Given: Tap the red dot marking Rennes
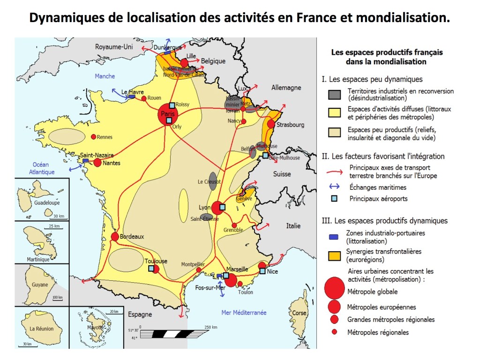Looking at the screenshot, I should tap(93, 137).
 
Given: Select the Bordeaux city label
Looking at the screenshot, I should tap(132, 237).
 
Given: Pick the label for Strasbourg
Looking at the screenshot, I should tap(290, 125).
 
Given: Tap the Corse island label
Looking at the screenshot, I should tap(300, 313).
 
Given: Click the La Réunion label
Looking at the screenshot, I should tap(42, 329).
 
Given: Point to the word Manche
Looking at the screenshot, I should tap(105, 76).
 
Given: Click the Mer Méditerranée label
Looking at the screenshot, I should tap(244, 313).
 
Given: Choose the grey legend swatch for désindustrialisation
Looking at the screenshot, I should tap(335, 94).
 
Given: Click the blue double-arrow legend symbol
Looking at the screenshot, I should tap(335, 187).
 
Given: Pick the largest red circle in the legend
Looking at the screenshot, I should tap(335, 287).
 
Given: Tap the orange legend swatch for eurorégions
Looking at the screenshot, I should tap(335, 255).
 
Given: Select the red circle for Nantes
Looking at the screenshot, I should tap(97, 163).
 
